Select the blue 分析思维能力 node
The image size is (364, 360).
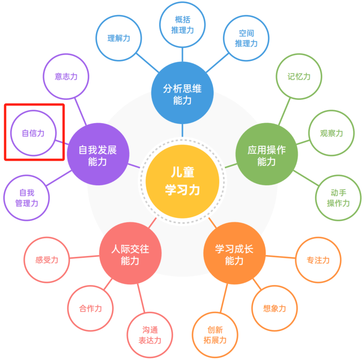click(182, 93)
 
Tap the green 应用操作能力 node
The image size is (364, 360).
click(266, 154)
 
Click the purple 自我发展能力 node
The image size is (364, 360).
click(98, 154)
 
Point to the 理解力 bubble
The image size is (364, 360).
click(119, 38)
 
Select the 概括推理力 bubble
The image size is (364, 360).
click(182, 25)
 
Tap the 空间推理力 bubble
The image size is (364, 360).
click(246, 38)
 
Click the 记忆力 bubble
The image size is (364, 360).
click(299, 77)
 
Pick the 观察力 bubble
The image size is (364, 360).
click(331, 133)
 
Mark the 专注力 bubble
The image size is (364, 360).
click(318, 260)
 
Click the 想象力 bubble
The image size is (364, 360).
click(274, 308)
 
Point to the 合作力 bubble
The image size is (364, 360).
click(91, 308)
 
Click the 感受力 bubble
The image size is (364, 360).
click(47, 260)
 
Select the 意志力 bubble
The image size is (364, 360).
click(66, 77)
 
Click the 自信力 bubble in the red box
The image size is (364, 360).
click(33, 133)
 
